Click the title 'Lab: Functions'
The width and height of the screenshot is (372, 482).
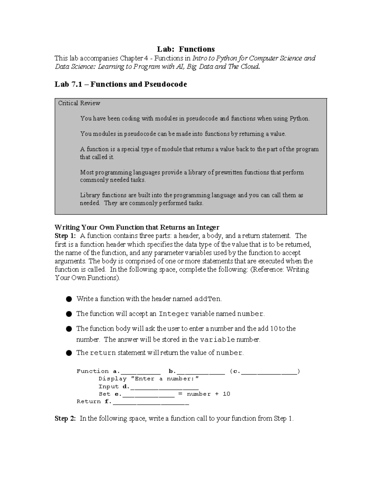coord(186,49)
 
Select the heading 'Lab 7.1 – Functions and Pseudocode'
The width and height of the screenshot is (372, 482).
coord(121,84)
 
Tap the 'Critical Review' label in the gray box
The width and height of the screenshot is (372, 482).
coord(79,103)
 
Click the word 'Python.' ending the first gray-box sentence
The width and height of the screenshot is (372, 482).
coord(299,119)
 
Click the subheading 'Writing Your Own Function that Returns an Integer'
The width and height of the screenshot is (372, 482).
coord(137,227)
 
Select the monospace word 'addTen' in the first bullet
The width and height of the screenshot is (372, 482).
coord(207,299)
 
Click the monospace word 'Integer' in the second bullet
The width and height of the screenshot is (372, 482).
coord(174,314)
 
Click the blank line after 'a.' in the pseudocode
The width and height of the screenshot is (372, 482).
coord(140,372)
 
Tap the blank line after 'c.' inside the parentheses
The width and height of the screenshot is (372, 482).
coord(269,372)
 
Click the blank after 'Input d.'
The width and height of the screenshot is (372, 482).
coord(164,387)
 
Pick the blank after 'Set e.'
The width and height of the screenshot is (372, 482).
coord(149,394)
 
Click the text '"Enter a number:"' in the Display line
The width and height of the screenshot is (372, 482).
coord(165,379)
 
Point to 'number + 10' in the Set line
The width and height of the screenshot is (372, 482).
coord(208,394)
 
